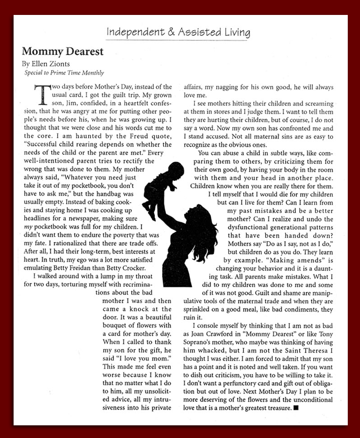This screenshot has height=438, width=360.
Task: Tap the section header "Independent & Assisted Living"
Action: pyautogui.click(x=178, y=32)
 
